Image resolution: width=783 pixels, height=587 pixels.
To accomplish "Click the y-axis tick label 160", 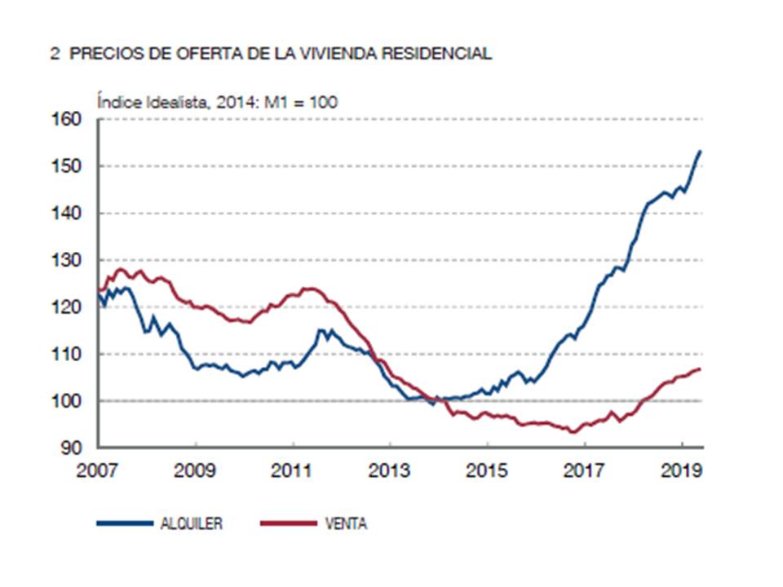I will click(x=69, y=120).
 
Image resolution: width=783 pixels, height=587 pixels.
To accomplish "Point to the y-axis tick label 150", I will click(x=69, y=166).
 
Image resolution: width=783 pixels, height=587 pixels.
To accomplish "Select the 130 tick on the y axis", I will click(x=69, y=261).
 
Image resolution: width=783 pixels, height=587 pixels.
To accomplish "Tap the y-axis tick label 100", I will click(x=69, y=401).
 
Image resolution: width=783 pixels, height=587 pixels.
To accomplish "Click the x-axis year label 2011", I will click(x=293, y=470).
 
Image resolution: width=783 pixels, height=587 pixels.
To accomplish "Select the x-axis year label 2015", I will click(x=487, y=470).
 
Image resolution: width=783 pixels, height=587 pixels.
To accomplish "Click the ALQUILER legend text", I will click(x=191, y=524).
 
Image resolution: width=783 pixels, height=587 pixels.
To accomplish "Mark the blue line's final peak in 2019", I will click(x=701, y=151).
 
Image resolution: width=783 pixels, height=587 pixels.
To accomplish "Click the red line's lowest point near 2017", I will click(x=573, y=432).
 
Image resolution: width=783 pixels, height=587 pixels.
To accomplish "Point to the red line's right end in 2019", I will click(x=701, y=369).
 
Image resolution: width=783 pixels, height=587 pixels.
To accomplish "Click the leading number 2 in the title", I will click(x=54, y=55).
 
